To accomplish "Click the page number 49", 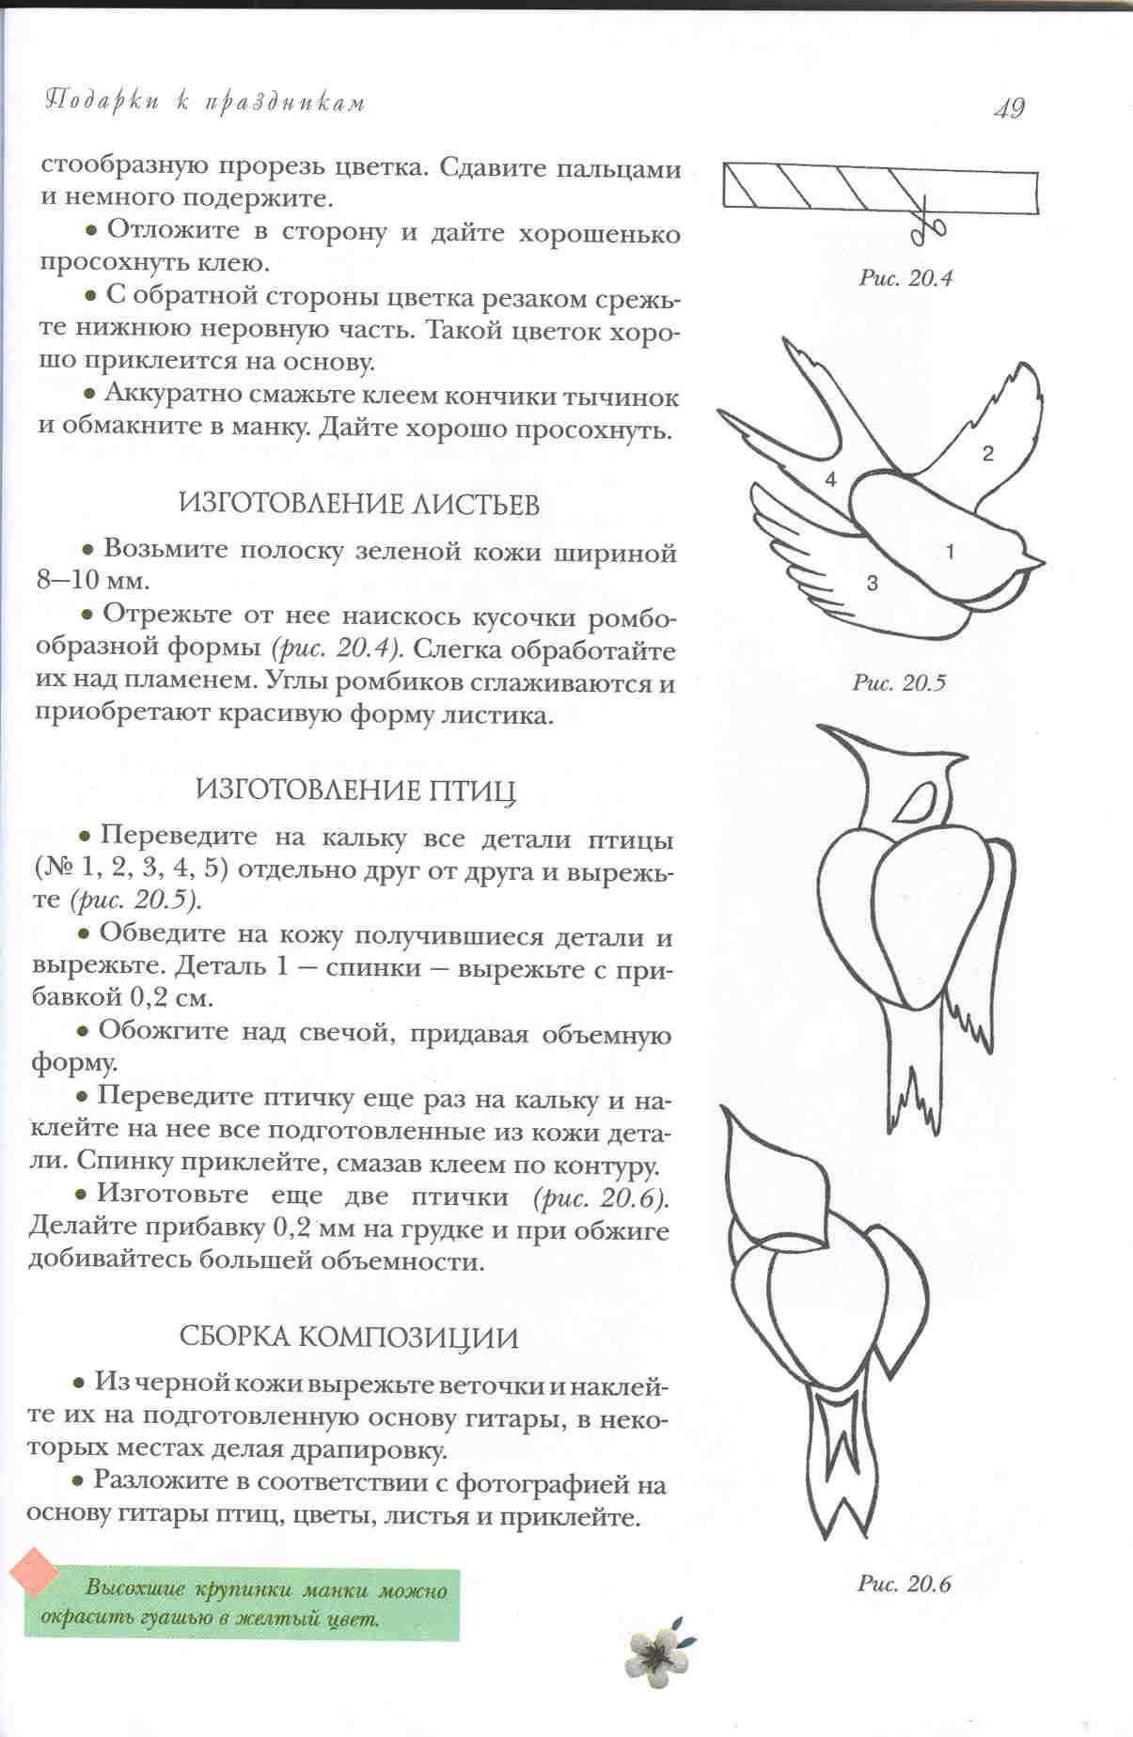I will click(1008, 108).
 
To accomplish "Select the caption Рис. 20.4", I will click(905, 278).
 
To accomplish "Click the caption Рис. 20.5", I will click(899, 682).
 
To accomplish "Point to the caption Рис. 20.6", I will click(904, 1584).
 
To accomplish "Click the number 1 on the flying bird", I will click(950, 552).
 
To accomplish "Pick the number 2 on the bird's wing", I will click(987, 454).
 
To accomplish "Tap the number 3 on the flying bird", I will click(872, 584).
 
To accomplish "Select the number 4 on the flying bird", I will click(830, 479).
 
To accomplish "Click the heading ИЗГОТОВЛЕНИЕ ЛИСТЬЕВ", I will click(359, 505).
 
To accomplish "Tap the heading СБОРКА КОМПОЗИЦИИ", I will click(348, 1338).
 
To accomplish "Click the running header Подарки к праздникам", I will click(205, 102).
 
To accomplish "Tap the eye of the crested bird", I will click(913, 802).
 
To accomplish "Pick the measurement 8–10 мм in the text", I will click(92, 580).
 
